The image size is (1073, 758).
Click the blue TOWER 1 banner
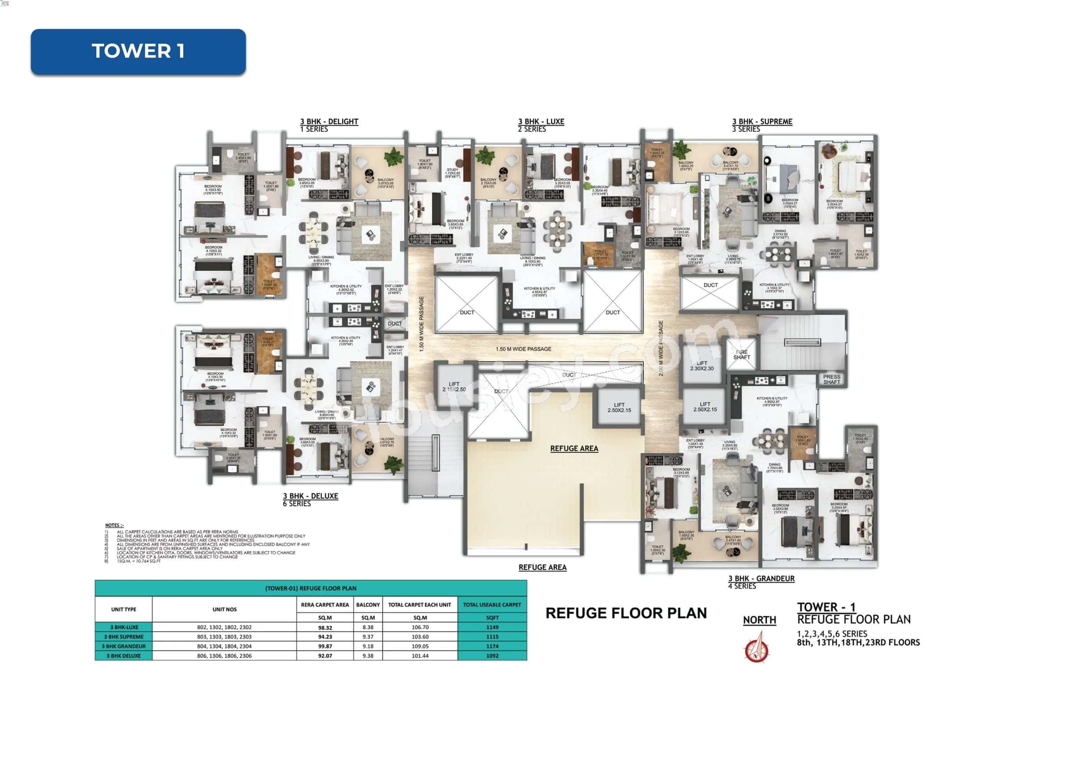(x=138, y=51)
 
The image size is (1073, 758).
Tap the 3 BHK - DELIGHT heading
(x=329, y=122)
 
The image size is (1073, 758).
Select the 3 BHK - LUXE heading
(x=541, y=122)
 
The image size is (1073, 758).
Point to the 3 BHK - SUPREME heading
(x=762, y=122)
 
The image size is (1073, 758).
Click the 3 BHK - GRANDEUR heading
(x=761, y=578)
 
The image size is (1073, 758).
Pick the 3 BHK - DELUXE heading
(x=310, y=496)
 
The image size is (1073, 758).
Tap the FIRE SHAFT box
(x=741, y=354)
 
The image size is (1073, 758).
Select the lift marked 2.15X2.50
(x=454, y=387)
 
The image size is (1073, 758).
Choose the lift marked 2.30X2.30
(x=701, y=366)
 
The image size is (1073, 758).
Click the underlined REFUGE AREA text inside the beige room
(x=574, y=448)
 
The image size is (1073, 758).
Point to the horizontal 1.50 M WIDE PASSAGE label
(x=523, y=349)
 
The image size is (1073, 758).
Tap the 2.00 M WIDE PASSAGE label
(x=661, y=348)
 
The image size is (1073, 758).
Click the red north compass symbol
(x=756, y=648)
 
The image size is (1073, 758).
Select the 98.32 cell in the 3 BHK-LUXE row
(x=325, y=627)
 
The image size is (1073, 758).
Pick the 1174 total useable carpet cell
(x=492, y=646)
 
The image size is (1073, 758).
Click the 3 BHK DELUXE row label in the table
(x=123, y=656)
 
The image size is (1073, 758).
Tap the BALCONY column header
(x=368, y=605)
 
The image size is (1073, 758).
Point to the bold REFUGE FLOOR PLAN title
(x=626, y=613)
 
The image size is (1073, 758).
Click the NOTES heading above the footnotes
(x=114, y=526)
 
